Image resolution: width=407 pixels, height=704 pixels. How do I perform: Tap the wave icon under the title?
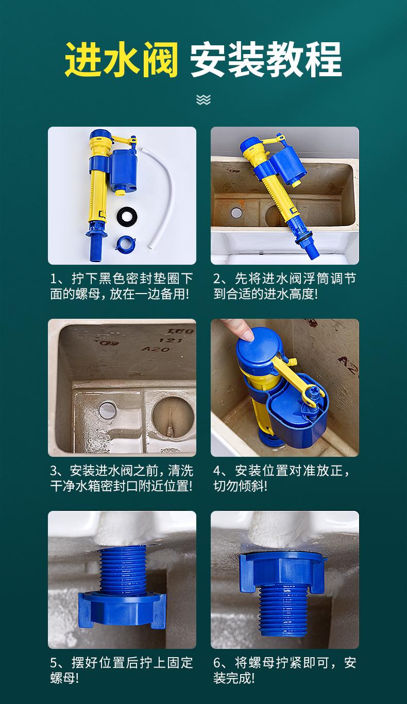pos(203,99)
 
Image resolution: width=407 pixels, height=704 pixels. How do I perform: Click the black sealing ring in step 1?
pos(127,216)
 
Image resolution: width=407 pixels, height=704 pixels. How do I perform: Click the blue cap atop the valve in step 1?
pos(101,136)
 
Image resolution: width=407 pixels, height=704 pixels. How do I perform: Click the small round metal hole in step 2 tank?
pos(236,213)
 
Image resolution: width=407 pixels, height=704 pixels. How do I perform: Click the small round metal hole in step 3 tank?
pos(108,409)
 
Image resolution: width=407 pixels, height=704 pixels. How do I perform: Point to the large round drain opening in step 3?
pos(173,417)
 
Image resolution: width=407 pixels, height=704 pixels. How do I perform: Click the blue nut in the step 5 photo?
pos(122,610)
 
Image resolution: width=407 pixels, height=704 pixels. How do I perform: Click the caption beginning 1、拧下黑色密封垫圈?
pos(121,286)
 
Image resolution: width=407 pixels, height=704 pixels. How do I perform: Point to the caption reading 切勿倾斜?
pos(241,486)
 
